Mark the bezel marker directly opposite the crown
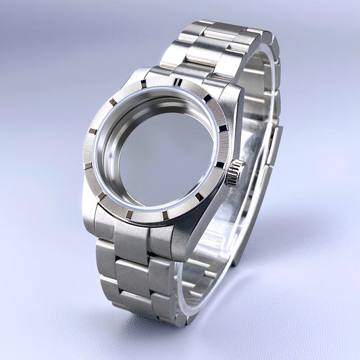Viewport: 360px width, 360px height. [92, 130]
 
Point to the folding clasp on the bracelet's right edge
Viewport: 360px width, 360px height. [274, 145]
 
